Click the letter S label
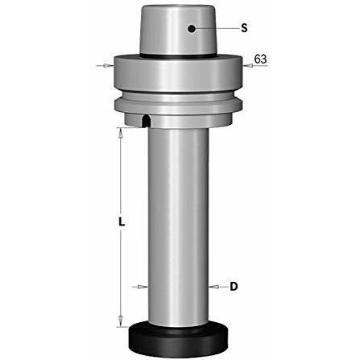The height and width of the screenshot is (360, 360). click(244, 28)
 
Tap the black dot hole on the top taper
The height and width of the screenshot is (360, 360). click(192, 29)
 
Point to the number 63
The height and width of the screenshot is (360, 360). click(260, 59)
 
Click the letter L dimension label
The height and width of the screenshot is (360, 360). click(122, 221)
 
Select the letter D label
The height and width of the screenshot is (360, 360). click(234, 287)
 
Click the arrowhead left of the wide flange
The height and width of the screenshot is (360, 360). click(110, 65)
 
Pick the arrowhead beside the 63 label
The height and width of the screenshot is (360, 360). click(247, 65)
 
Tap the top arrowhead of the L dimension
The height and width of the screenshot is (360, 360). click(121, 132)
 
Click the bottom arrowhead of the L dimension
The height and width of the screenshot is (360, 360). click(121, 321)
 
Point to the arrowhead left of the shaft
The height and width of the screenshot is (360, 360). click(143, 287)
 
